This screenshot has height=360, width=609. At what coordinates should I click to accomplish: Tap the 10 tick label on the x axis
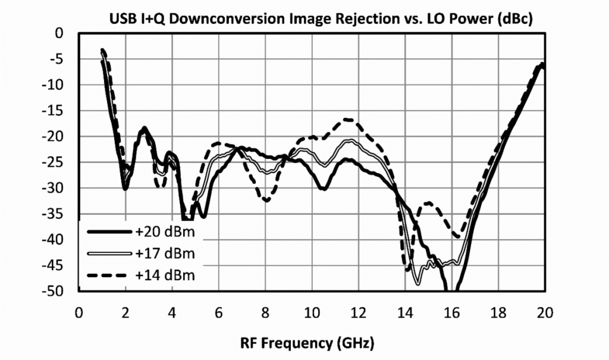click(312, 313)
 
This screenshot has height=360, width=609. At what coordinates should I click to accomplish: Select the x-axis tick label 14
click(404, 313)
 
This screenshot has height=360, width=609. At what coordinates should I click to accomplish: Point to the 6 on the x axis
click(218, 313)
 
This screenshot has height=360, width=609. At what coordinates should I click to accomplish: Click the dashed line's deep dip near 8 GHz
click(266, 201)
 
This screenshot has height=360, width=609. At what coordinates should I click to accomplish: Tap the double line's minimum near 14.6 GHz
click(418, 283)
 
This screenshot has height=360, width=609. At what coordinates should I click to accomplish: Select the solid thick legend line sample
click(108, 231)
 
